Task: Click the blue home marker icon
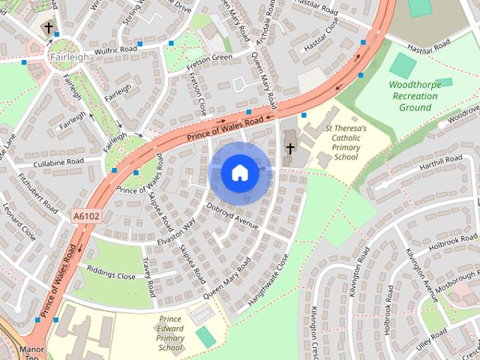click(238, 173)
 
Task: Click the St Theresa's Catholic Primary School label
click(346, 142)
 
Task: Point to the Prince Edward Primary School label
click(171, 333)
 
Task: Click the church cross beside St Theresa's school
click(289, 148)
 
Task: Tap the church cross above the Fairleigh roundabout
click(49, 28)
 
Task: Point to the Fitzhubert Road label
click(37, 193)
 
